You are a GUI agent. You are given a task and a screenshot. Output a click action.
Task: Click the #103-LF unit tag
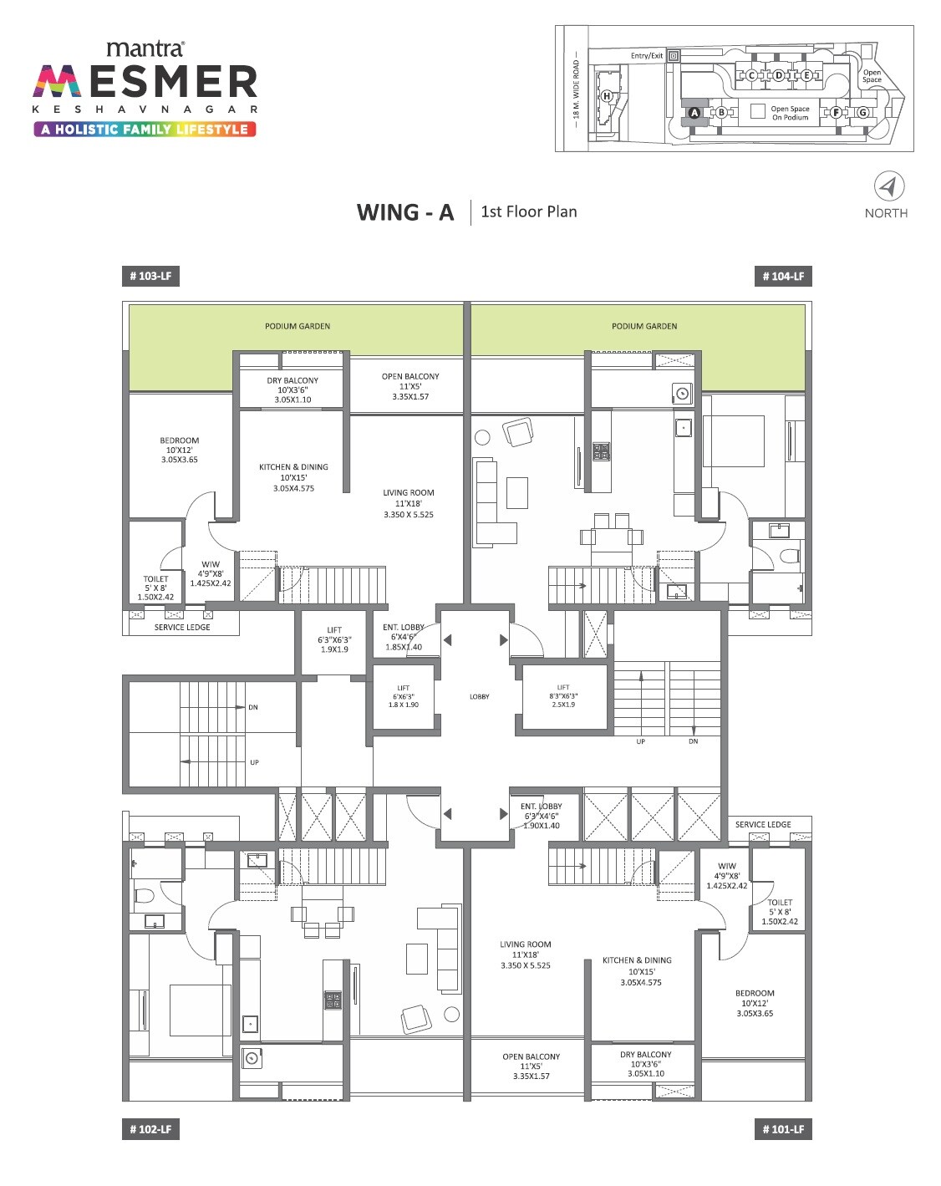click(x=150, y=276)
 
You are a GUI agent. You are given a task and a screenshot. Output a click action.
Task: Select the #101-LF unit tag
click(x=782, y=1129)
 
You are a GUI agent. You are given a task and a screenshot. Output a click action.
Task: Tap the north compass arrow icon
click(x=888, y=186)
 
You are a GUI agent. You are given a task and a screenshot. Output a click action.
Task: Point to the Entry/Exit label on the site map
click(x=646, y=56)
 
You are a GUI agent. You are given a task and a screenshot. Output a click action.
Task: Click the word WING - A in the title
click(x=405, y=212)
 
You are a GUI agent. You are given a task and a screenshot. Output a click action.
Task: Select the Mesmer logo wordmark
click(x=145, y=83)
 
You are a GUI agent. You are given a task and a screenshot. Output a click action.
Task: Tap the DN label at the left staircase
click(x=253, y=707)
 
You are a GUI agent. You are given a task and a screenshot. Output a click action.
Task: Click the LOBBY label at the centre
click(x=480, y=696)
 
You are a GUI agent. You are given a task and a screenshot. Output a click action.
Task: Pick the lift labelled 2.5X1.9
click(x=563, y=696)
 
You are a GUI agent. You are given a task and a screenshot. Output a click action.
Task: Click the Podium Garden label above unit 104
click(x=643, y=326)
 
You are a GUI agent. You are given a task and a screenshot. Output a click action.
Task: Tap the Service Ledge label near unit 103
click(x=182, y=627)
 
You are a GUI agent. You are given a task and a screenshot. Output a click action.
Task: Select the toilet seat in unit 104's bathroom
click(x=789, y=557)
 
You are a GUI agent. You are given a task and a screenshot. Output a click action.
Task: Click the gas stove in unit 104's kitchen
click(x=601, y=452)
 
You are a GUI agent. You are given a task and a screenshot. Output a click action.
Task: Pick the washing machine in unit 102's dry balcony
click(x=252, y=1058)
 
